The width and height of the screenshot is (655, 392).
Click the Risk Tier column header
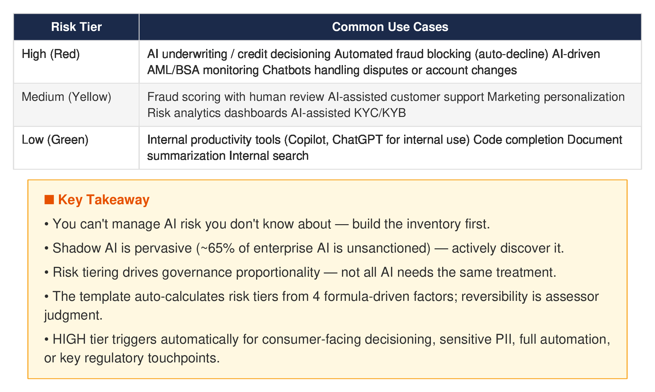[x=76, y=27]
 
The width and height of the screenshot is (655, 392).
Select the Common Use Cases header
[x=390, y=27]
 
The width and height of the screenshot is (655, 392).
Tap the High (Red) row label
[x=51, y=54]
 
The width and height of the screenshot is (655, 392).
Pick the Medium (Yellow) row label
[x=66, y=97]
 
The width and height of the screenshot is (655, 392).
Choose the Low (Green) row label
[x=55, y=140]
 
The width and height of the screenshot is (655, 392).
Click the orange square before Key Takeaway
[x=49, y=200]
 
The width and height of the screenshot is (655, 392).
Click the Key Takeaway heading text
[x=104, y=200]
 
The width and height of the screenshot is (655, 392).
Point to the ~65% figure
[x=218, y=248]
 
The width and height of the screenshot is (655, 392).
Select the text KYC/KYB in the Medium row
[x=380, y=113]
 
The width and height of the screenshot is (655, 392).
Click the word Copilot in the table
[x=308, y=140]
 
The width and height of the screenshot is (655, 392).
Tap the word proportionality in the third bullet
[x=278, y=272]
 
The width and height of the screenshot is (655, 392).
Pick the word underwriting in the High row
[x=195, y=54]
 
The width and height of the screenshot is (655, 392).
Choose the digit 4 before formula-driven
[x=316, y=297]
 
